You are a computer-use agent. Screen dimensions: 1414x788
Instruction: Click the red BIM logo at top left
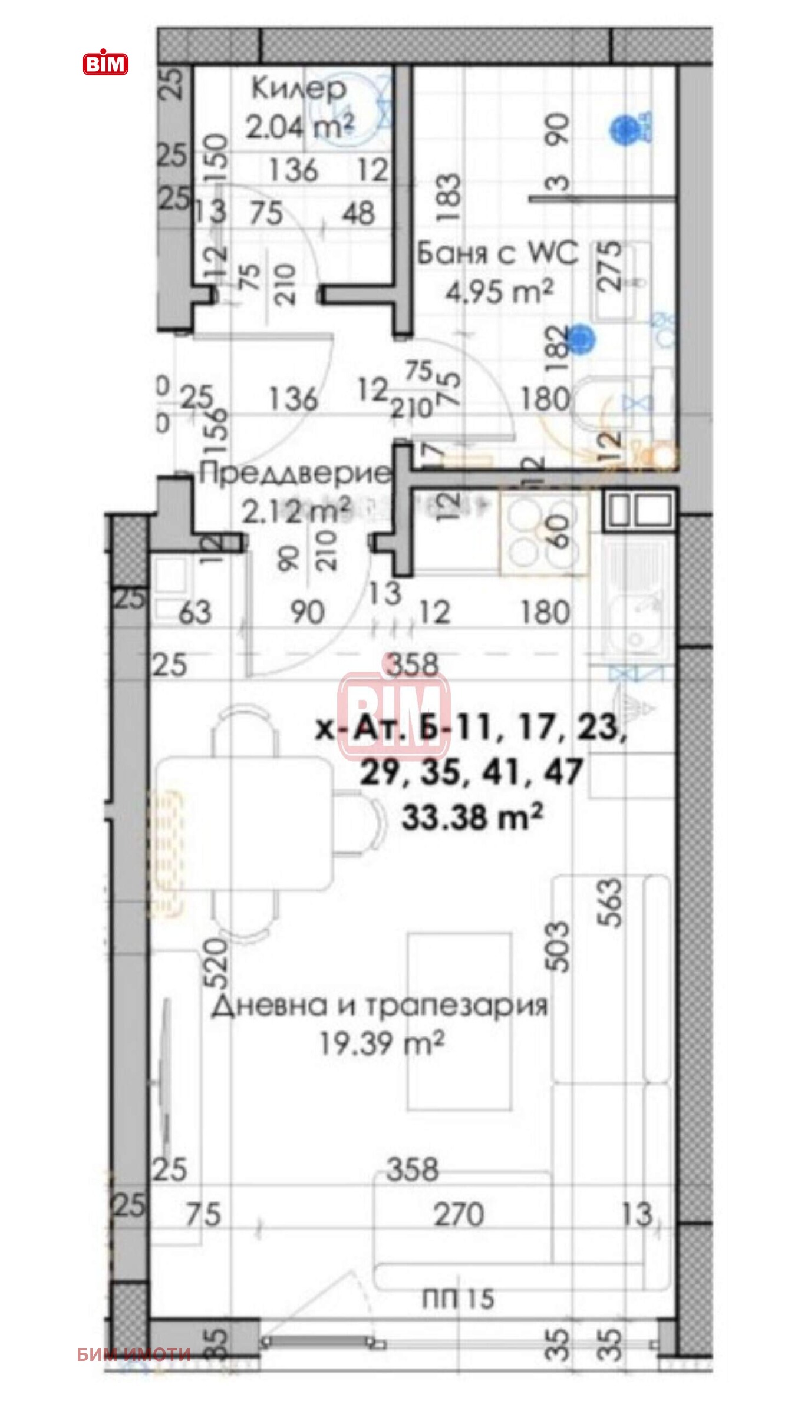click(x=105, y=63)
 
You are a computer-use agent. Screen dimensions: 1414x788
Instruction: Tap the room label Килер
click(x=298, y=89)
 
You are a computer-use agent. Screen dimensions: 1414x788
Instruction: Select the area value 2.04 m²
click(x=299, y=126)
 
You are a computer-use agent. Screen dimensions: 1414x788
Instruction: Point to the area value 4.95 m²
click(x=499, y=291)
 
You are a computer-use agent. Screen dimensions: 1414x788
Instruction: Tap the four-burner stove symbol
click(x=543, y=534)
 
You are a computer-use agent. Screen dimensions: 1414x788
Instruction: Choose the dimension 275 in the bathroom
click(x=611, y=266)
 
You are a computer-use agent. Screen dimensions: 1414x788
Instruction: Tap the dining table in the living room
click(x=245, y=824)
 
